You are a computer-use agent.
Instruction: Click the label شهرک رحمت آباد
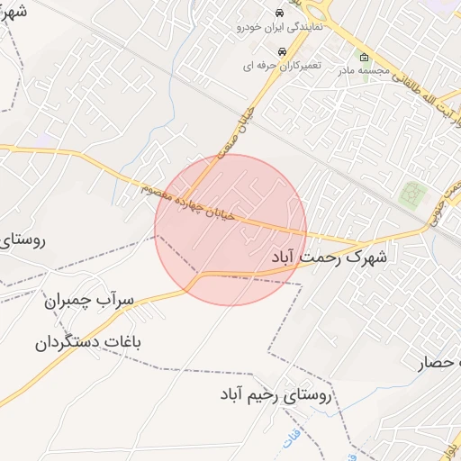(x=329, y=258)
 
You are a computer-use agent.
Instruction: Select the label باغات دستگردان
(x=89, y=343)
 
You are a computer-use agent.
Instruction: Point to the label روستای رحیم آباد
(x=276, y=394)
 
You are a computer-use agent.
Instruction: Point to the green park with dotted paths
(x=413, y=194)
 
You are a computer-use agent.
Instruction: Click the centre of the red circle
(x=230, y=230)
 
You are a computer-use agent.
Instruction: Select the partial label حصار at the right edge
(x=439, y=364)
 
